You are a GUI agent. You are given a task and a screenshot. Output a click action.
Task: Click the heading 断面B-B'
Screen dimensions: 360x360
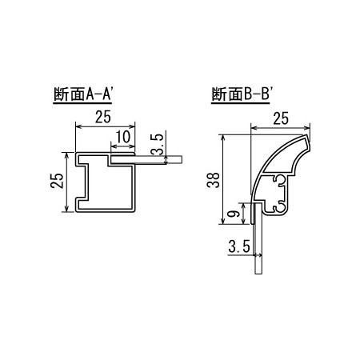(242, 94)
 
